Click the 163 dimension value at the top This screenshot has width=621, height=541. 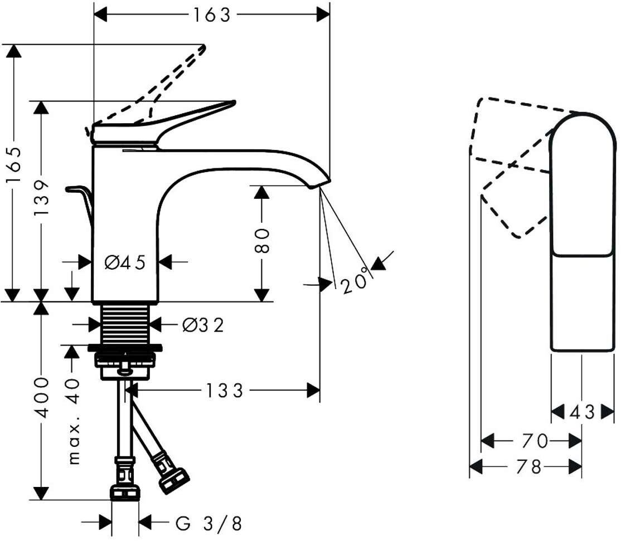[211, 15]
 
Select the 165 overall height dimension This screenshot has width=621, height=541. [14, 164]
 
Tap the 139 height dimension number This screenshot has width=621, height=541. [41, 197]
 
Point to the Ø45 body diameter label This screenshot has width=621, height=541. [125, 262]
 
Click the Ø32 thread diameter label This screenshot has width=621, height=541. [203, 325]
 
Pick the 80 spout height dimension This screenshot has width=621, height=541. [262, 240]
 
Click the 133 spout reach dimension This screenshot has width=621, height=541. [224, 391]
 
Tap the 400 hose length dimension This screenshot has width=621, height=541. [41, 398]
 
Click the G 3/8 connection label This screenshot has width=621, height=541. [208, 524]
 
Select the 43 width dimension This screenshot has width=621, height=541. [582, 412]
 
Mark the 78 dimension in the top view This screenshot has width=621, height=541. [529, 467]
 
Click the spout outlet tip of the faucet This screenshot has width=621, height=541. [320, 184]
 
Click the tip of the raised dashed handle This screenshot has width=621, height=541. [204, 47]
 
